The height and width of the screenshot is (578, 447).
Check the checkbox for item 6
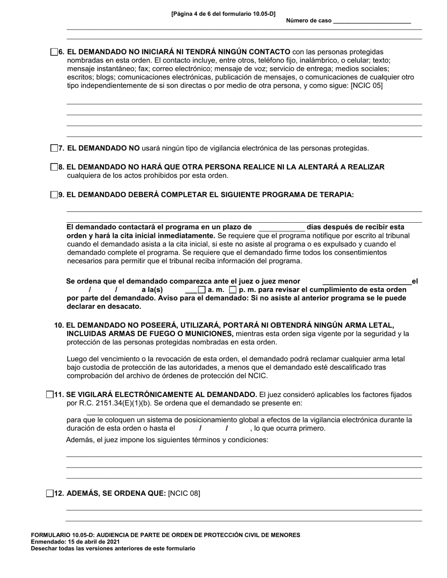coord(54,52)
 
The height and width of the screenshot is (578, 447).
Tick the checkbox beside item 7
coord(54,148)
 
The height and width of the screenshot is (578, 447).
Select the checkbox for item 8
coord(54,167)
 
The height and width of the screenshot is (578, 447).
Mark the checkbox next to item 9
coord(54,195)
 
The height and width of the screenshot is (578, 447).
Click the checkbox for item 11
coord(50,395)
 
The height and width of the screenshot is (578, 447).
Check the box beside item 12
coord(50,493)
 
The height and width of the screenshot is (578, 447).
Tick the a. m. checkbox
coord(202,290)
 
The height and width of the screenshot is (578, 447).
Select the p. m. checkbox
coord(232,290)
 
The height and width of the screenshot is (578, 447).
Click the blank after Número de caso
coord(371,21)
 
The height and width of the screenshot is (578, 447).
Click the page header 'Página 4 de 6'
coord(223,14)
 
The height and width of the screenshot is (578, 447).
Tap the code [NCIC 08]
coord(184,493)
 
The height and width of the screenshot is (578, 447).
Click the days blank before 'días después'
coord(281,227)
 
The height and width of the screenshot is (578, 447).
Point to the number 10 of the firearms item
coord(59,325)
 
